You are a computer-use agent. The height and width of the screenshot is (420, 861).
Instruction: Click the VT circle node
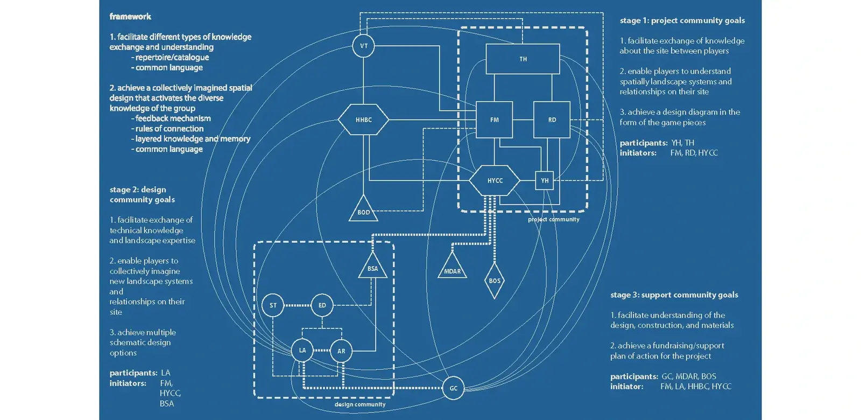(x=364, y=46)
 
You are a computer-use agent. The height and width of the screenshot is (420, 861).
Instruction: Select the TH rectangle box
(x=523, y=59)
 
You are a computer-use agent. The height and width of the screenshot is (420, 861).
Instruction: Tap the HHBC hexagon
(x=364, y=120)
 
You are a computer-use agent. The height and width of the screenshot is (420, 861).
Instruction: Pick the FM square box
(x=494, y=120)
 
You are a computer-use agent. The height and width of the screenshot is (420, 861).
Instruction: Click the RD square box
(x=552, y=120)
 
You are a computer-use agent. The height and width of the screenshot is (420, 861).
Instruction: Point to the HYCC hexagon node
(x=495, y=180)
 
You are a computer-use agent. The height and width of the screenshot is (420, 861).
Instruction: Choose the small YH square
(x=545, y=180)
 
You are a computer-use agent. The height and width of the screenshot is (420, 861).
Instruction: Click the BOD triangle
(x=364, y=211)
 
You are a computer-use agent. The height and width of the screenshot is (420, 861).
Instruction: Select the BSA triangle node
(x=372, y=267)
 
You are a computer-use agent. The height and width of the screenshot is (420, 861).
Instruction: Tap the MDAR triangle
(x=452, y=269)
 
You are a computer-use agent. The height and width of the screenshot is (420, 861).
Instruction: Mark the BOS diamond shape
(x=495, y=281)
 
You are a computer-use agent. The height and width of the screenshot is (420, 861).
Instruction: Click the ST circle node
(x=273, y=305)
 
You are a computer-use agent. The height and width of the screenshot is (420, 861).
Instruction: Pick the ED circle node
(x=322, y=305)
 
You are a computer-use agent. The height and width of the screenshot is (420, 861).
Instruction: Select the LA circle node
(x=302, y=351)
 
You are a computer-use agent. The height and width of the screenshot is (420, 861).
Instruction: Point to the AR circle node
(x=341, y=351)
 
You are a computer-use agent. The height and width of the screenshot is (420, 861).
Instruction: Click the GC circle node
(x=454, y=388)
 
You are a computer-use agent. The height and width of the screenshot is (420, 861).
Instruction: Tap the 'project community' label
(x=553, y=219)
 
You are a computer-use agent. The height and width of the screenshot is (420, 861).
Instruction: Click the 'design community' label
(x=360, y=404)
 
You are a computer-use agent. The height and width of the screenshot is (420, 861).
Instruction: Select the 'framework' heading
(x=130, y=17)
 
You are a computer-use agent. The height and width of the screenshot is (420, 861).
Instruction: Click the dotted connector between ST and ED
(x=297, y=305)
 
